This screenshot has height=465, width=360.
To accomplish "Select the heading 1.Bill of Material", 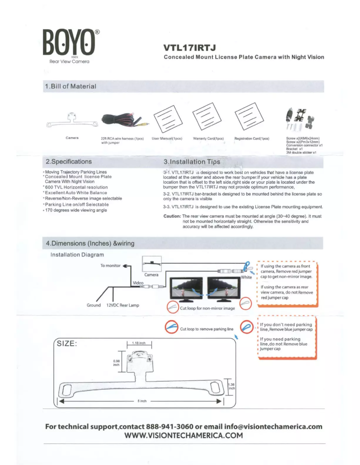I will point(71,86).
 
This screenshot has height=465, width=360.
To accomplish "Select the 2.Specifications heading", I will point(69,161).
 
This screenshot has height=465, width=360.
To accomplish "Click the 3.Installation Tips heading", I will point(192,161).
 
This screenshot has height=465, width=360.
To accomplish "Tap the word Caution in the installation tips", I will point(172,216).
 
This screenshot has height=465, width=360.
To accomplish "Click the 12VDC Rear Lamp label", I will point(123,305).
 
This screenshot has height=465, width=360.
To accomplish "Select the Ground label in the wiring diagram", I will point(93,305).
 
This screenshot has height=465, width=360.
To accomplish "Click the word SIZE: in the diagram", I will point(68,344).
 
